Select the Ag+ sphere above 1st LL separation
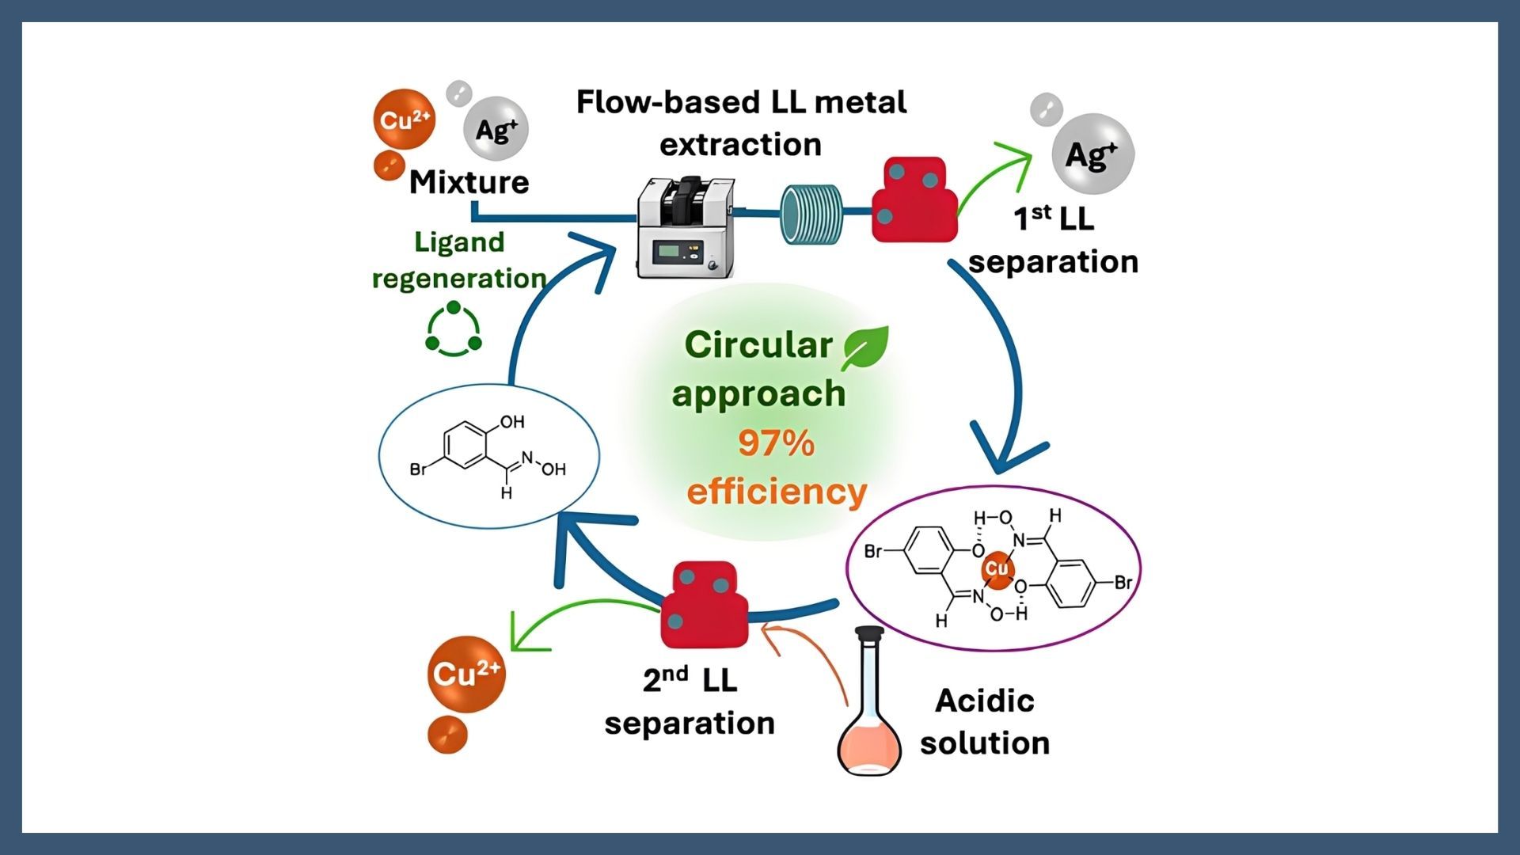coord(1092,154)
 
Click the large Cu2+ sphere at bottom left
coord(466,674)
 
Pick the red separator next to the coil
coord(914,199)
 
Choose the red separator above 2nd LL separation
coord(705,606)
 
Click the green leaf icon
coord(864,348)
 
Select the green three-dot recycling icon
coord(454,329)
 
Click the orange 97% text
coord(776,443)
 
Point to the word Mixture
coord(469,182)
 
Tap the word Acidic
coord(985,701)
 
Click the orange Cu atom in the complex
coord(997,569)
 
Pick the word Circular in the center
coord(758,345)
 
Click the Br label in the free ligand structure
coord(418,469)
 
